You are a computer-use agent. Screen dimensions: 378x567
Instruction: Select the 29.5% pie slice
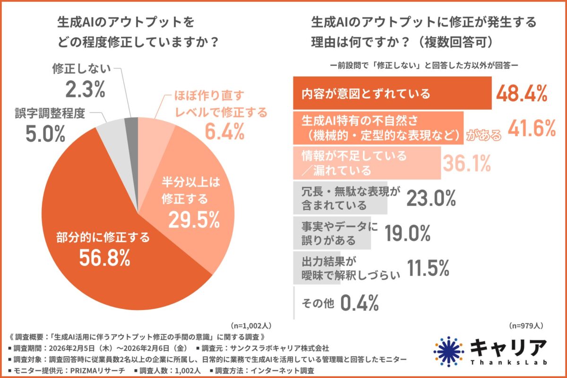[x=198, y=189]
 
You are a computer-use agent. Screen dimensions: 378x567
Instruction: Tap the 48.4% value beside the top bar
[x=521, y=94]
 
